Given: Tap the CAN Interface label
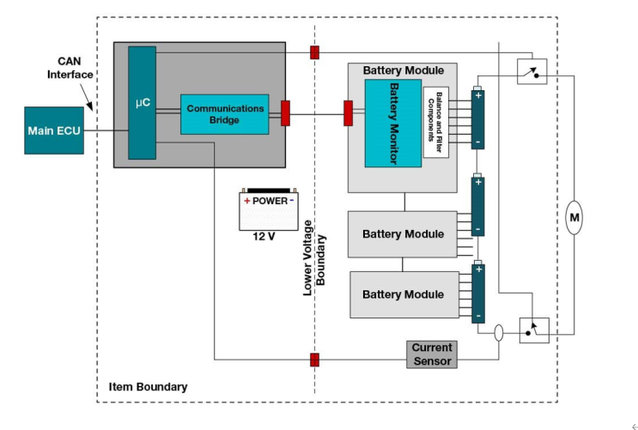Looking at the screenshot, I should coord(70,68).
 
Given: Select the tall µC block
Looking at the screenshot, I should coord(142,103).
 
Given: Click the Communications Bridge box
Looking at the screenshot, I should coord(224,114).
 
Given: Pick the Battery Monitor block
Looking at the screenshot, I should coord(393,123).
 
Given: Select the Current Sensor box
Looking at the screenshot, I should coord(431,354).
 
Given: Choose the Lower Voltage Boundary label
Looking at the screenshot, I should coord(313,257).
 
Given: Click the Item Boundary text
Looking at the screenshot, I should coord(148,387).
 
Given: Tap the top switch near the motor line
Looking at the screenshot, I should coord(532,71).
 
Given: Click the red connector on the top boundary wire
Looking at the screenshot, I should coord(315,52).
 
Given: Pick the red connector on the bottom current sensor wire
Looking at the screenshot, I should coord(315,360).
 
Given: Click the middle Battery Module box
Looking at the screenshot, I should coord(403,233).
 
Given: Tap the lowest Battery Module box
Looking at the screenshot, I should coord(403,294).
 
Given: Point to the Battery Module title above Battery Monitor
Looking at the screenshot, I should coord(403,70).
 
